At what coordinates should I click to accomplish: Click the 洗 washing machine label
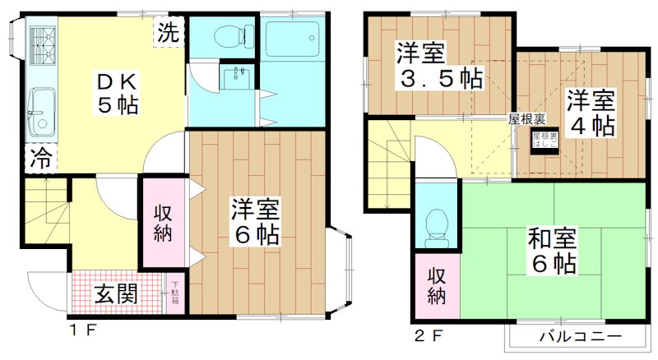[x=167, y=34]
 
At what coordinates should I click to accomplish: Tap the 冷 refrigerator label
[x=39, y=158]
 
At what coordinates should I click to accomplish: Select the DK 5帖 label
[x=114, y=93]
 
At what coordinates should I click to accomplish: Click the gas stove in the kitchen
[x=42, y=46]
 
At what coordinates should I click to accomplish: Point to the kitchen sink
[x=39, y=111]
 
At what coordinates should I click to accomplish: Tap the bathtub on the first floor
[x=294, y=37]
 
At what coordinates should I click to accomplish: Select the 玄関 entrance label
[x=115, y=293]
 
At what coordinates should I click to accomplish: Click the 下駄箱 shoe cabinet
[x=174, y=292]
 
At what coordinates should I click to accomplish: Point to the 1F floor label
[x=82, y=334]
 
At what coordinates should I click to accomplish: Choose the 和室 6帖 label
[x=550, y=251]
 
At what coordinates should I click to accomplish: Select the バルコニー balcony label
[x=580, y=336]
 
